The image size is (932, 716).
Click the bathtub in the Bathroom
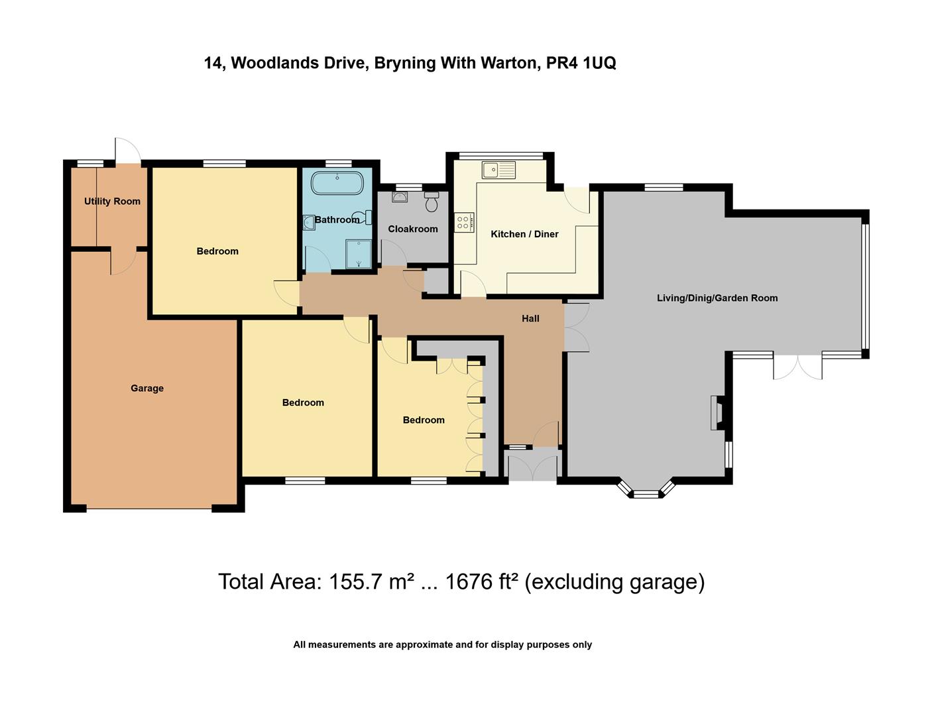[337, 183]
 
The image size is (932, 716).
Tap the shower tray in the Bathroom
[359, 254]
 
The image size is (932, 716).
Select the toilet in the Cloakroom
[432, 202]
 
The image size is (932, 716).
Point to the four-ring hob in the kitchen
[464, 222]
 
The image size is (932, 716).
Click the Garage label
[147, 388]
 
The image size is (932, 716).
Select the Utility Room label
[112, 202]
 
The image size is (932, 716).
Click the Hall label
[530, 319]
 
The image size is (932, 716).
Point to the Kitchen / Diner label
[524, 234]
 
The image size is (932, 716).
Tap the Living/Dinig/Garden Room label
[717, 298]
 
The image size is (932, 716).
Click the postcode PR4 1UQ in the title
[581, 63]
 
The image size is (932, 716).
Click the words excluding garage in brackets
[614, 581]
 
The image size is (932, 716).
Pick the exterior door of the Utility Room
[127, 151]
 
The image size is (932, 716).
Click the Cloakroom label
[413, 229]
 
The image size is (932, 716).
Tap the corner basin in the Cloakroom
[399, 197]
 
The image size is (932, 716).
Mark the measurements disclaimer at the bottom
[442, 644]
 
